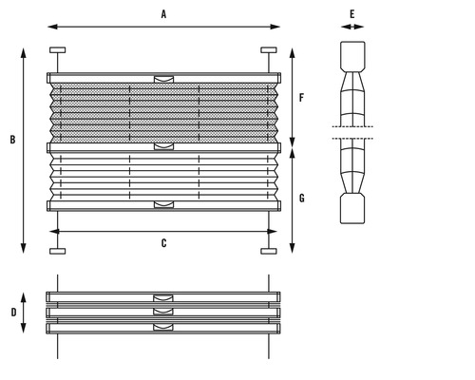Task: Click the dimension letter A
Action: tap(163, 14)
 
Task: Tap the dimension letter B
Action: tap(12, 140)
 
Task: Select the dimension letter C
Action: tap(163, 243)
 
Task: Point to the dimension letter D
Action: tap(13, 313)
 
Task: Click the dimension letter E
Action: tap(352, 14)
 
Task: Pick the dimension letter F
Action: tap(301, 98)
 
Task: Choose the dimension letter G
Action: tap(302, 199)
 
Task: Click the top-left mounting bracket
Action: tap(58, 50)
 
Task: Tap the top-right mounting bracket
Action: tap(269, 50)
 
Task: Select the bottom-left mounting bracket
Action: tap(58, 251)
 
